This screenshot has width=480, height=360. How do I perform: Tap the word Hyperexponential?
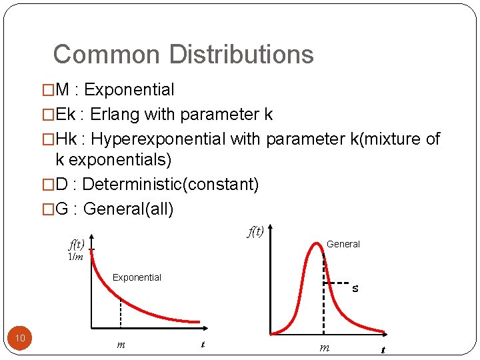(x=158, y=139)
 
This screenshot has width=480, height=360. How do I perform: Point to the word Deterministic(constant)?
(x=170, y=184)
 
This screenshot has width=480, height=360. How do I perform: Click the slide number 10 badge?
(x=20, y=338)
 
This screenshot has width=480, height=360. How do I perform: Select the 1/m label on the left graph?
(x=75, y=258)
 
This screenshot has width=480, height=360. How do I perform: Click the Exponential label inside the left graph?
(x=137, y=277)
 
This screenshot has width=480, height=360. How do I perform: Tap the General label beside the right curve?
(x=343, y=244)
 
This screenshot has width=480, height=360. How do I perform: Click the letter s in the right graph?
(x=355, y=289)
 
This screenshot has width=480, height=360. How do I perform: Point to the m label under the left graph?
(x=121, y=345)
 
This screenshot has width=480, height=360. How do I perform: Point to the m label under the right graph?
(x=324, y=347)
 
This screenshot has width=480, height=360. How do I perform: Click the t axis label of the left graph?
(x=203, y=345)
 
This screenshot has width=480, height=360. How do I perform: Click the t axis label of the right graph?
(x=383, y=349)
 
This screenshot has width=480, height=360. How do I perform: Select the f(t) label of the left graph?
(x=75, y=245)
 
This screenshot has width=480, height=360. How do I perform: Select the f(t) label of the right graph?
(x=255, y=231)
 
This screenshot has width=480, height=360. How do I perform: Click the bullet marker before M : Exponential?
(x=47, y=90)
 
